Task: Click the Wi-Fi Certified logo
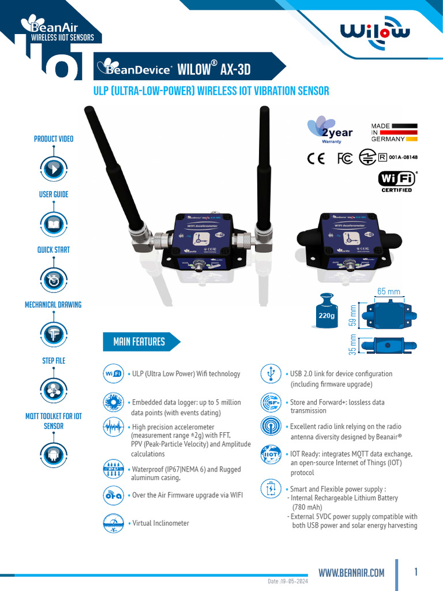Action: [397, 181]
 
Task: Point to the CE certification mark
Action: [316, 158]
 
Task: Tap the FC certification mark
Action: [345, 158]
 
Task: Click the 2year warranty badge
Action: [330, 130]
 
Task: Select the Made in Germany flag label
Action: [395, 132]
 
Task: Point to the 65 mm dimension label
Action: [388, 292]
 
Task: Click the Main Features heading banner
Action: [140, 342]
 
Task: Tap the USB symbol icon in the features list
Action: [271, 373]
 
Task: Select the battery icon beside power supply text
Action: [271, 488]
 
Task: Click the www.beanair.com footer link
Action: [351, 573]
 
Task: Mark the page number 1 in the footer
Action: [416, 572]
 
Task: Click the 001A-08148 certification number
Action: [403, 157]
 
